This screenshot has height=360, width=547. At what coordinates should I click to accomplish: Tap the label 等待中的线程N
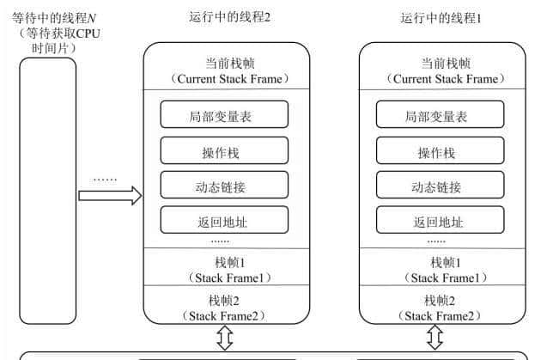[47, 15]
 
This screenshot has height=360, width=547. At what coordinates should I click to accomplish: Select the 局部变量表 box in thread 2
[223, 116]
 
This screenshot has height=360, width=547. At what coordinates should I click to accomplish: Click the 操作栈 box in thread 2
[223, 152]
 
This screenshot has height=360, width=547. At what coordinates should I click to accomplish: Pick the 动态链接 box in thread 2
[223, 186]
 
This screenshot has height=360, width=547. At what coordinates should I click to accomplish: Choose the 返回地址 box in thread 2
[223, 221]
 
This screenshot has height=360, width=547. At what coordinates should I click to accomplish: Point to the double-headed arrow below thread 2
[225, 339]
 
